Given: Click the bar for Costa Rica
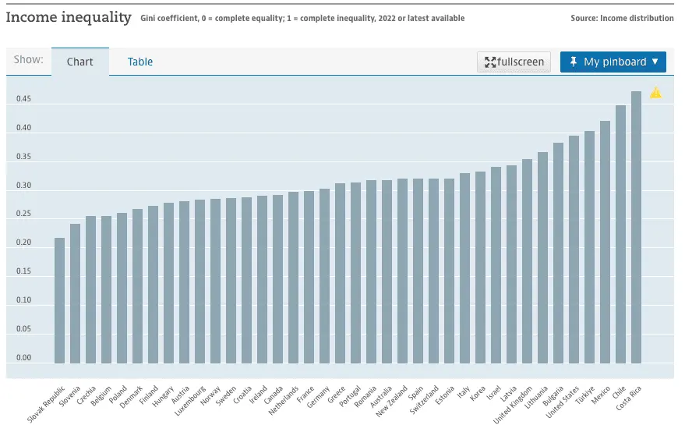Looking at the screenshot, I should click(636, 227).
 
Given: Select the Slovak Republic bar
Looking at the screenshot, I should click(59, 300).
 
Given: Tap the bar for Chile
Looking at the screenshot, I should click(620, 234).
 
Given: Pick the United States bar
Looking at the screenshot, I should click(574, 250).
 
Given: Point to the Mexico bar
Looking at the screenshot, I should click(605, 242).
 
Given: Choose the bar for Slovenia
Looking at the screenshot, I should click(75, 293).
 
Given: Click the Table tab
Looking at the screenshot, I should click(140, 62).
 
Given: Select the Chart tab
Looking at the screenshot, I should click(79, 62).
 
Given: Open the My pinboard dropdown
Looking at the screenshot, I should click(613, 62).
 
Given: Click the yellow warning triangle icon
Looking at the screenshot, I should click(655, 94).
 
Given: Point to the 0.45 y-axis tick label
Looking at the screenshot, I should click(23, 99).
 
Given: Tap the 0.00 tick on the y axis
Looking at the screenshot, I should click(23, 358).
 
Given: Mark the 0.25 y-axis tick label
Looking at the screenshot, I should click(23, 214).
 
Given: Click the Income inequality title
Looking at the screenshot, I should click(69, 17).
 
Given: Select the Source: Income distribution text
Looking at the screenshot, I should click(622, 18).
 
